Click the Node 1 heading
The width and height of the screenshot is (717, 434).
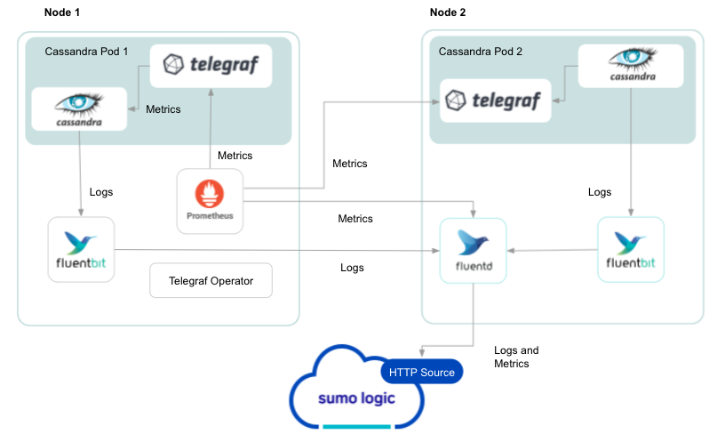63,13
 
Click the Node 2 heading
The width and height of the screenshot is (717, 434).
448,13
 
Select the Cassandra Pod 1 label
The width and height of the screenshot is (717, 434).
86,52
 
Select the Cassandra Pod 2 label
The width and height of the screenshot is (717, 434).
481,52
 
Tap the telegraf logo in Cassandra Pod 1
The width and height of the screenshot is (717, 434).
211,65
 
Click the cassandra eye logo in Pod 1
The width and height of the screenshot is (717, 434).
80,108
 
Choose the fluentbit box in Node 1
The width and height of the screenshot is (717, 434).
81,249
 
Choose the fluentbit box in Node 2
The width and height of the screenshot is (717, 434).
631,249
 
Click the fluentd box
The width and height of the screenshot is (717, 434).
474,251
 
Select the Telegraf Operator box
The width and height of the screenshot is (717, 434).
211,281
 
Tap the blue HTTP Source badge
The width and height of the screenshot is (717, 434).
421,373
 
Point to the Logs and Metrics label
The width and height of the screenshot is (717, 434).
516,357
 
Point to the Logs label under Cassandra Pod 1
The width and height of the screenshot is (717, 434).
101,191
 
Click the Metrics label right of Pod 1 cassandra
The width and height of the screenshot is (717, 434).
163,109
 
